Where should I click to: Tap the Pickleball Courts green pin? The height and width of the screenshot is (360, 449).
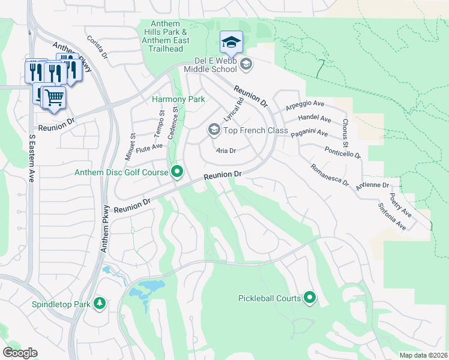[310, 298]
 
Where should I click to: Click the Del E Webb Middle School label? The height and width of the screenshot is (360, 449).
[215, 65]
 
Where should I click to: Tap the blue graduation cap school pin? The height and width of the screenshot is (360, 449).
[231, 42]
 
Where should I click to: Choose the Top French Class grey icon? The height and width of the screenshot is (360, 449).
[214, 130]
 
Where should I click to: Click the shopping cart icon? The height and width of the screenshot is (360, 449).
[54, 97]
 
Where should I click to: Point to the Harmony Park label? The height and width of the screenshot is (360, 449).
[178, 99]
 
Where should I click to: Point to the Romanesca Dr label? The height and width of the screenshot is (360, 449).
[330, 174]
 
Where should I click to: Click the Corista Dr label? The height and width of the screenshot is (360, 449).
[97, 46]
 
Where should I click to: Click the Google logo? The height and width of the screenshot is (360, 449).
[20, 353]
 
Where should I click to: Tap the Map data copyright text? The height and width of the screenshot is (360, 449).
[423, 355]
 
